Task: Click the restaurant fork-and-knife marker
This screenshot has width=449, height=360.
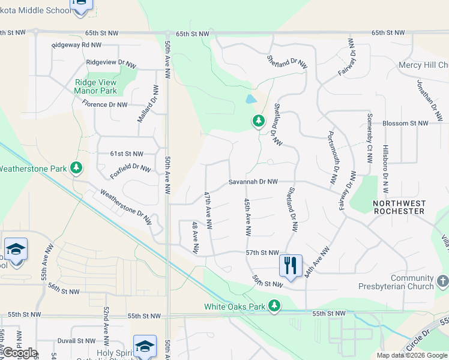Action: pos(291,265)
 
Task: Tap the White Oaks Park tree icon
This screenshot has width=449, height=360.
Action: pos(274,306)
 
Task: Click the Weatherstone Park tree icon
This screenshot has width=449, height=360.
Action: pos(76,168)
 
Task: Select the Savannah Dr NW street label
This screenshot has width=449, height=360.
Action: pos(253,182)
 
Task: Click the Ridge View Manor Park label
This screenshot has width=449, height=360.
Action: pos(95,87)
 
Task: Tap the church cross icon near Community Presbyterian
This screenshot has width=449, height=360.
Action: pos(442,281)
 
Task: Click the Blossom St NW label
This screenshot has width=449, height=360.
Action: pos(406,123)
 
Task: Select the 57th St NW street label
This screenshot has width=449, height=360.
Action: pos(262,254)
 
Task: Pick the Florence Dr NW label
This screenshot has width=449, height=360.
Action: pos(105,104)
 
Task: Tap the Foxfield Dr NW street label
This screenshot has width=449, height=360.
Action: pos(130,171)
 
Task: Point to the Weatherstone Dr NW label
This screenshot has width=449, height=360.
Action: pos(126,207)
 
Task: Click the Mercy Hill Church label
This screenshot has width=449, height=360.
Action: pos(427,65)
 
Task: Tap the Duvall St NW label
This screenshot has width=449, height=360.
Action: pos(74,340)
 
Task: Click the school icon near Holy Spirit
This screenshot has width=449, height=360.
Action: pos(145,347)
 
